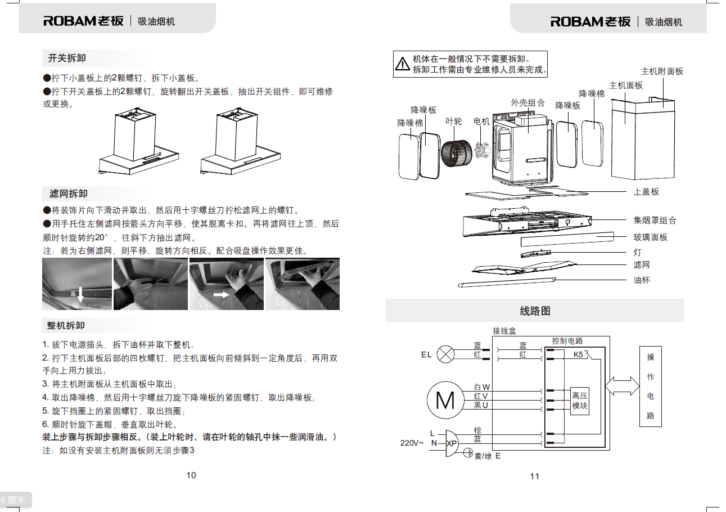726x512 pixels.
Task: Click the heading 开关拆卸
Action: (67, 59)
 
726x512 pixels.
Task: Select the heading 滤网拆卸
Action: (69, 194)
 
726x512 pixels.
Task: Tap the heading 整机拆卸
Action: (66, 326)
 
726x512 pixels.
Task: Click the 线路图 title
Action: (534, 311)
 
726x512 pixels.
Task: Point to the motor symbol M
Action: (445, 399)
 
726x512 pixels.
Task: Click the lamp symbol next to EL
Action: (446, 354)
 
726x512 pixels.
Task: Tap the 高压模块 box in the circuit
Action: (580, 400)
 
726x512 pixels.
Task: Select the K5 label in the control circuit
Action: (578, 355)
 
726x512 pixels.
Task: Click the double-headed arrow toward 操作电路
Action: (622, 386)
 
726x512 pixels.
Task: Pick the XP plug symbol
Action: (452, 443)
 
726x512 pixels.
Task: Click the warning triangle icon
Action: (403, 64)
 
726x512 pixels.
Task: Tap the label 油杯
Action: (642, 280)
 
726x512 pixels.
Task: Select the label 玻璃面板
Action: (651, 237)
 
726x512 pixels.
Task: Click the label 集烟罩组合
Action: (655, 221)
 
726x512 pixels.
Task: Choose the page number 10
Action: (191, 475)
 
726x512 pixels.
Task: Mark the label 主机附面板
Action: (662, 71)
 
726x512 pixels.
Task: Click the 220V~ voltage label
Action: (412, 443)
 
